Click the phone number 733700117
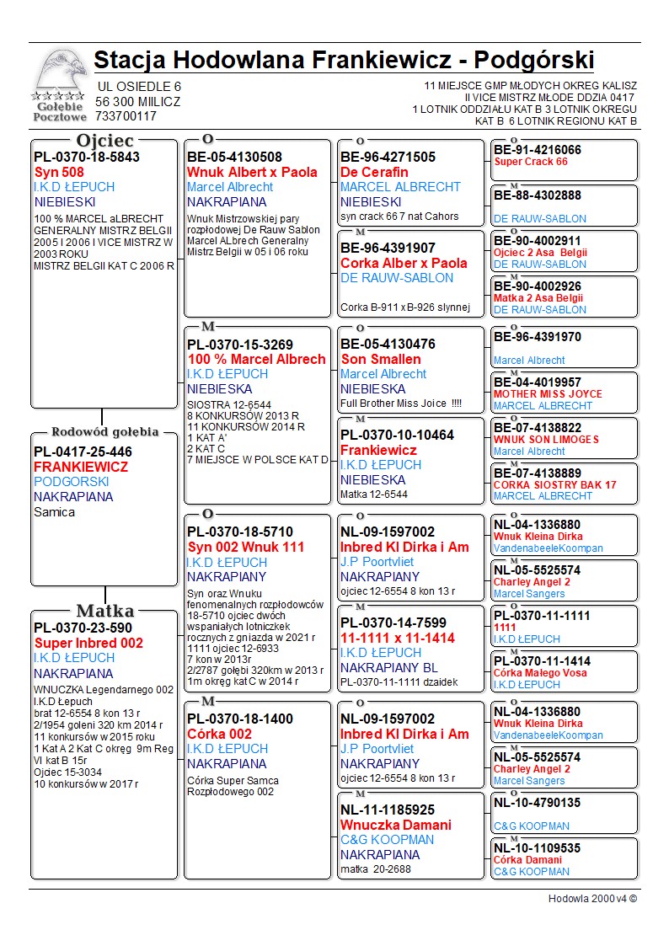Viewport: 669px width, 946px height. [126, 116]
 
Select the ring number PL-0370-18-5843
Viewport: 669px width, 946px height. [87, 157]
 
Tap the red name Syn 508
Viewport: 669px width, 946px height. [59, 172]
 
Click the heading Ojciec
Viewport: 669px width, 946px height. [104, 141]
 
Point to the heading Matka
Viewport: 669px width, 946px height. [104, 611]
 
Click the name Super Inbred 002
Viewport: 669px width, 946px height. [88, 643]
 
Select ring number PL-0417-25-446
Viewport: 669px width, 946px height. [83, 452]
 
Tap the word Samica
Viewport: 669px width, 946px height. [54, 512]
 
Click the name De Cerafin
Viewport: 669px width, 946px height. [373, 172]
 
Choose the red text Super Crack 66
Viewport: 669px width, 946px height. [531, 162]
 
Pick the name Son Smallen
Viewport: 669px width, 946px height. [380, 359]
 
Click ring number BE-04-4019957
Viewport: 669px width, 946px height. [538, 382]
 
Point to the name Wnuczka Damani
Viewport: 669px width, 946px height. [395, 825]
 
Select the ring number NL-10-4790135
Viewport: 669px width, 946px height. [538, 803]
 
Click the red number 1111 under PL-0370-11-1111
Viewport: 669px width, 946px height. [505, 628]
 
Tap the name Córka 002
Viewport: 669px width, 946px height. [219, 734]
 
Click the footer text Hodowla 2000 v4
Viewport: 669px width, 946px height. [592, 898]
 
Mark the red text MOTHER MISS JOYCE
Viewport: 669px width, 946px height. [548, 394]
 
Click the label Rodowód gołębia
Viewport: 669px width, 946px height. [104, 432]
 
